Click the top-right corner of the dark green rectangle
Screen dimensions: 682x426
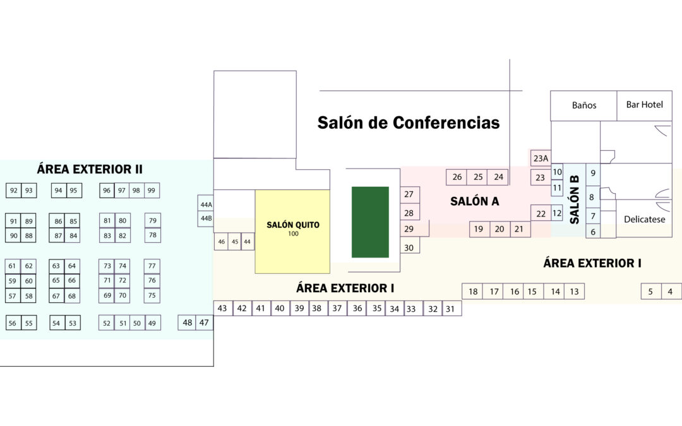(x=389, y=187)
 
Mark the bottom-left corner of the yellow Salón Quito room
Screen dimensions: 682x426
(x=255, y=273)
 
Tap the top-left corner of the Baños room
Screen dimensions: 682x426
(x=551, y=91)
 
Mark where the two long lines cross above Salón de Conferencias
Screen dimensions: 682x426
(x=510, y=91)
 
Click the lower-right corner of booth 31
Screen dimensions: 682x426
(x=462, y=316)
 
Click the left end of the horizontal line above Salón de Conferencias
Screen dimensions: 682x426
(x=320, y=91)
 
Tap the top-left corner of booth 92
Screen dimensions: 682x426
(x=6, y=183)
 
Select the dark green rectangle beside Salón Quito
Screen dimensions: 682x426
(x=370, y=222)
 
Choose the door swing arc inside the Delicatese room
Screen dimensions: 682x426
(x=662, y=194)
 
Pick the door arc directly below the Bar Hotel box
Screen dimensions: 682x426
(x=662, y=131)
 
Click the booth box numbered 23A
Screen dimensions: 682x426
(x=541, y=158)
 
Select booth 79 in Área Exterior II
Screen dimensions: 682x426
(x=153, y=220)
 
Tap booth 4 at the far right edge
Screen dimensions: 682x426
(x=671, y=291)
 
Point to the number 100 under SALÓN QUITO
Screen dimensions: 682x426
(x=293, y=234)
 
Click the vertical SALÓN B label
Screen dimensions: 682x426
(x=575, y=199)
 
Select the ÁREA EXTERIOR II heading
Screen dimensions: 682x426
(x=90, y=169)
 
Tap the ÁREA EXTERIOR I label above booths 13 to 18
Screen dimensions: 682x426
(x=592, y=263)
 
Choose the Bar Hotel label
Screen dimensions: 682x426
(x=645, y=104)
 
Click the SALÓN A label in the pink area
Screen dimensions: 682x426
(x=474, y=201)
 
